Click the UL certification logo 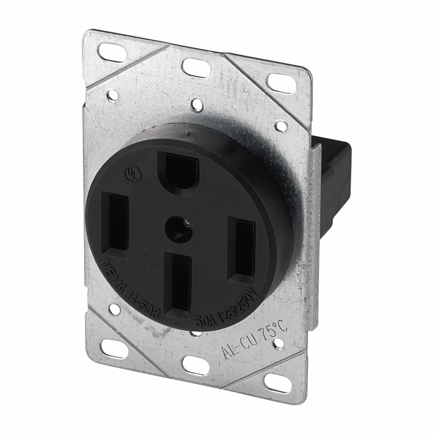(x=129, y=172)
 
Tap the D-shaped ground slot (x=178, y=170)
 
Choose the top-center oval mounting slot (x=196, y=67)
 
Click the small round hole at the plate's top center (x=197, y=105)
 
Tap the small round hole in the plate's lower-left (x=114, y=309)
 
